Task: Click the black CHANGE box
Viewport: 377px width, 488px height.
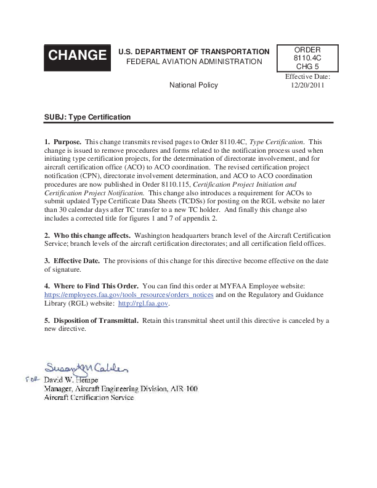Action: coord(77,55)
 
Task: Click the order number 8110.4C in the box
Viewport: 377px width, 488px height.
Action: coord(307,58)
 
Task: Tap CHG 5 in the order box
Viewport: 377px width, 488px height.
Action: coord(307,67)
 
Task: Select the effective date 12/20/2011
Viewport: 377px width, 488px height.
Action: coord(307,86)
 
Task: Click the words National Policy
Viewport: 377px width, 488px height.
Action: coord(193,86)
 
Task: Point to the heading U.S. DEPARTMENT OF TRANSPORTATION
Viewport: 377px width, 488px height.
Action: coord(193,52)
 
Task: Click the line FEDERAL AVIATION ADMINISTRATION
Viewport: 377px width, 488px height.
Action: coord(194,62)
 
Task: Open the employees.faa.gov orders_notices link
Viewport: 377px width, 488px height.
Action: coord(129,295)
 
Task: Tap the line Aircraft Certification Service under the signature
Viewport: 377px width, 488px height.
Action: coord(89,398)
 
